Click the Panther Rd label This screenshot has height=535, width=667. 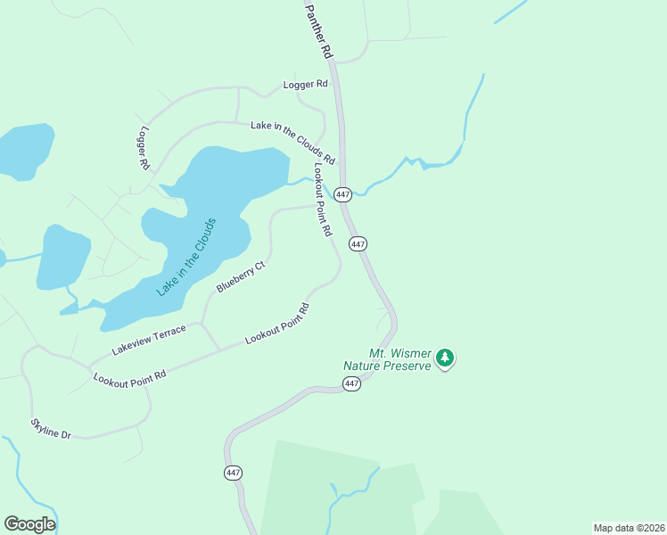pos(319,29)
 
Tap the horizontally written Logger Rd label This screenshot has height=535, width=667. pos(305,85)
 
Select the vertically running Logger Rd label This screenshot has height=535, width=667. pos(143,148)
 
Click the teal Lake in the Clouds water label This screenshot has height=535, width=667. pos(186,257)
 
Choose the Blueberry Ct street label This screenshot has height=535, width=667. pos(241,277)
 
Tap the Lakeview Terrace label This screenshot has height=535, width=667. pos(149,338)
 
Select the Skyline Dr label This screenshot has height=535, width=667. pos(51,428)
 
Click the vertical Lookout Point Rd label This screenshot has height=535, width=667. pos(322,199)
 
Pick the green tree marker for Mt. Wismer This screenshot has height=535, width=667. pos(445,358)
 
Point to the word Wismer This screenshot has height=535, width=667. pos(410,352)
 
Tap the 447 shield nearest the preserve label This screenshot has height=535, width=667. pos(351,383)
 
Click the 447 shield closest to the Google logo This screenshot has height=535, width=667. pos(234,473)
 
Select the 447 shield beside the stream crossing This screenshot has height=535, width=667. pos(343,193)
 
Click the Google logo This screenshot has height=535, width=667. pos(29,524)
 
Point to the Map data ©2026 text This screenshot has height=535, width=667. pos(629,527)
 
